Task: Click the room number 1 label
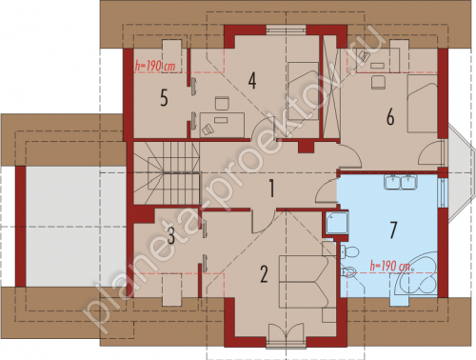point(271,188)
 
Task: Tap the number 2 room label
point(264,274)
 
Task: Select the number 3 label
point(171,236)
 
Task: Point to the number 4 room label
point(252,81)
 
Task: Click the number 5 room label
point(164,97)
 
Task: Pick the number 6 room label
point(390,116)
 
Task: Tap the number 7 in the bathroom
point(393,230)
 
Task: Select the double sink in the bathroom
point(401,182)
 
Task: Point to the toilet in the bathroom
point(349,252)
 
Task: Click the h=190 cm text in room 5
point(155,66)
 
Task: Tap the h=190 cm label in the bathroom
point(390,266)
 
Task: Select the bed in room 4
point(303,91)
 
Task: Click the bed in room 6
point(423,104)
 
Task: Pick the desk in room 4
point(222,125)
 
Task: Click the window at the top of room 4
point(286,30)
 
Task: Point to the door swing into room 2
point(263,222)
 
